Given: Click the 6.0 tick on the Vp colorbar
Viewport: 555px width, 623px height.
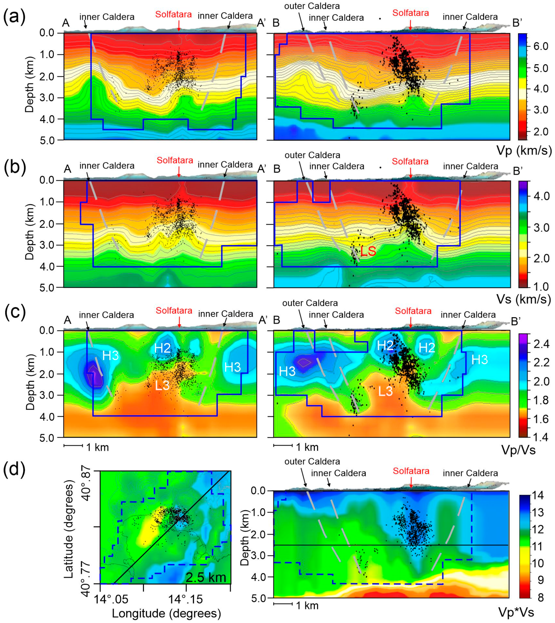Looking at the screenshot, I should (541, 46).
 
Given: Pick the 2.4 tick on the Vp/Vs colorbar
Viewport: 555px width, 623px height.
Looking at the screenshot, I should (542, 344).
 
